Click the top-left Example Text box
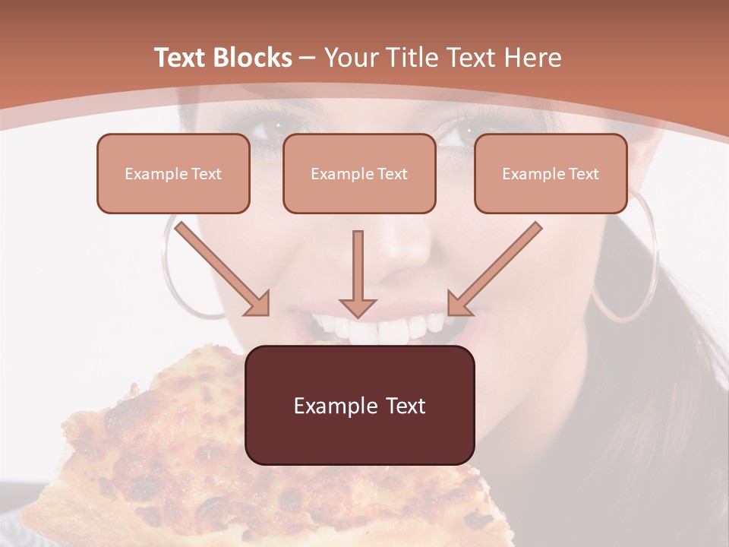(173, 174)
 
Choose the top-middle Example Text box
(359, 174)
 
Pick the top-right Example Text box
(551, 174)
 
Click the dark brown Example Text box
(360, 406)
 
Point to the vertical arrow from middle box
(358, 273)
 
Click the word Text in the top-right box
(583, 174)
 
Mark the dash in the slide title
(308, 58)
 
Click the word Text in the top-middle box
(392, 174)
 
